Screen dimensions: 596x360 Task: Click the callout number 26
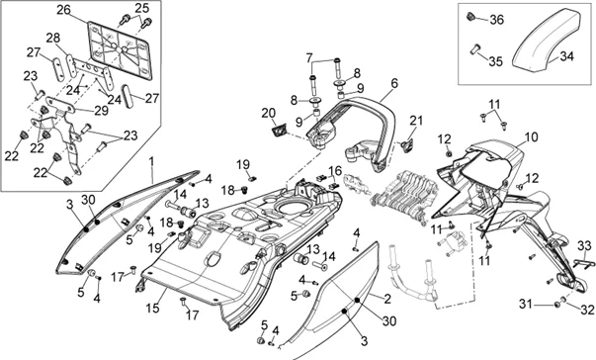click(64, 10)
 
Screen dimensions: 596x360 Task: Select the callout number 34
click(566, 56)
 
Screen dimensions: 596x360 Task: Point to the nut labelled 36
click(470, 17)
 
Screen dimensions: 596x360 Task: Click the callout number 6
click(394, 83)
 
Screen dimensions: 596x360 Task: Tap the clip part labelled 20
click(279, 131)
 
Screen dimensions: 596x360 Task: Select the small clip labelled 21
click(407, 145)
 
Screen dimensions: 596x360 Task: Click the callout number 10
click(532, 137)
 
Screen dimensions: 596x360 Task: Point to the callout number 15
click(153, 308)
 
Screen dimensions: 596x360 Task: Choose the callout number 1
click(151, 162)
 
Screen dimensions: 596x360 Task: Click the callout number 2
click(387, 299)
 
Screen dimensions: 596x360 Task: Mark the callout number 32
click(587, 310)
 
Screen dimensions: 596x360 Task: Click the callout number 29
click(102, 111)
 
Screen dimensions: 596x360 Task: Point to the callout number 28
click(53, 38)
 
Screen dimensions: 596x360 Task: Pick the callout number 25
click(142, 8)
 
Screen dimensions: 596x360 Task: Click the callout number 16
click(335, 171)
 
